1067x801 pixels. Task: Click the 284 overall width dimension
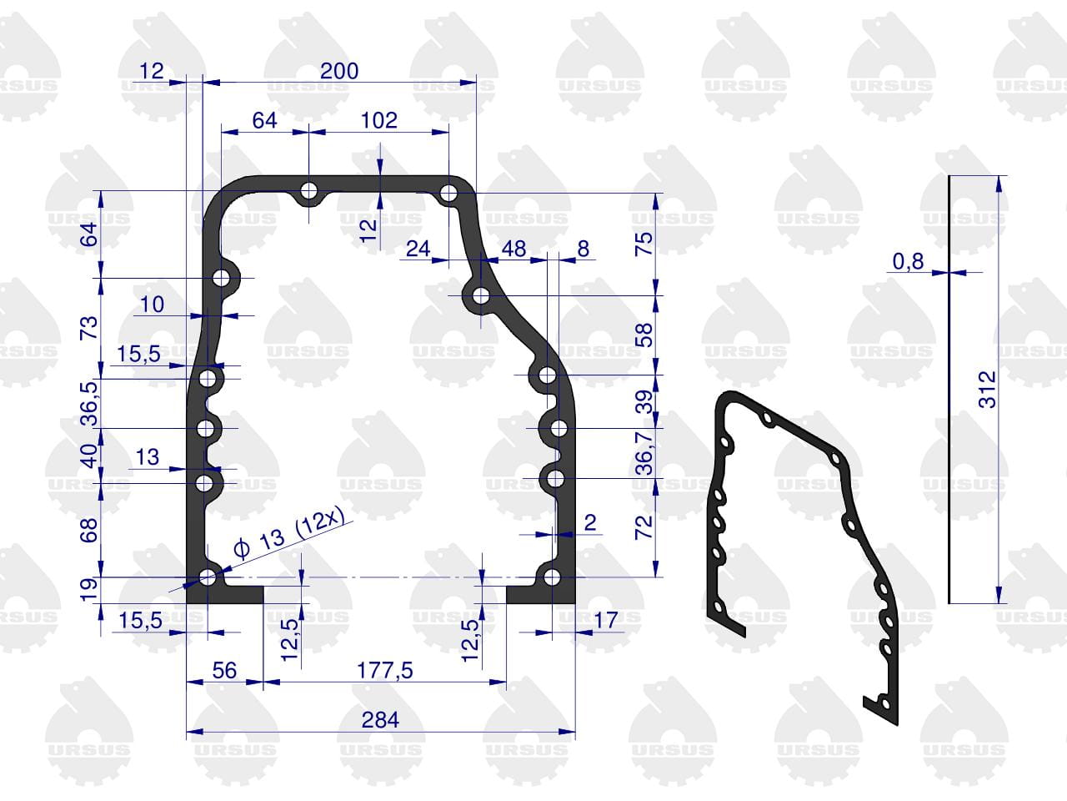pos(380,720)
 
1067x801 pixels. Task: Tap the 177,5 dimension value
pos(385,671)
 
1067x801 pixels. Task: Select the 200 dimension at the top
pos(339,71)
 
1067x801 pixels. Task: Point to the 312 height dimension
pos(987,389)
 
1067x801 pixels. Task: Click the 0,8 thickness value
pos(908,262)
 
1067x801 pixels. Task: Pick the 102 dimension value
pos(379,120)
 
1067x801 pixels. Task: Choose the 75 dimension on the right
pos(644,244)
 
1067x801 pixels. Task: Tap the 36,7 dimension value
pos(644,453)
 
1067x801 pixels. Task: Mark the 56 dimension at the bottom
pos(224,671)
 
